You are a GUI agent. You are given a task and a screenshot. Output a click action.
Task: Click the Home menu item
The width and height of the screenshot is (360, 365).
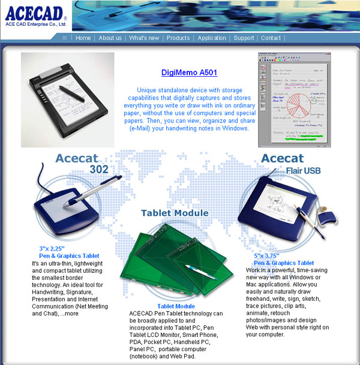tap(83, 38)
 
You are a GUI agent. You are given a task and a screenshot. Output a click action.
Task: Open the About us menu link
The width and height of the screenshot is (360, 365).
tap(110, 38)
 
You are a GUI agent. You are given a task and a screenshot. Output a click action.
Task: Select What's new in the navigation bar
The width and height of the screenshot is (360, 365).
tap(144, 38)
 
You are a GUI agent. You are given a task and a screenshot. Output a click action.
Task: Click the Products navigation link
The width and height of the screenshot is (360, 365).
tap(178, 38)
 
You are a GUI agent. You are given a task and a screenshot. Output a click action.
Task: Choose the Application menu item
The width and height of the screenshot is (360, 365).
tap(212, 38)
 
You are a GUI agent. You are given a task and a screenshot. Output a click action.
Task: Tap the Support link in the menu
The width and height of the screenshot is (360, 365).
tap(244, 38)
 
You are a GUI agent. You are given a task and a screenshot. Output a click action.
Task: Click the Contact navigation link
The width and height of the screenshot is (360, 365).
tap(271, 38)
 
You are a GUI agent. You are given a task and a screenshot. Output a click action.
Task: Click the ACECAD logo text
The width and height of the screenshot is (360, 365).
tap(35, 14)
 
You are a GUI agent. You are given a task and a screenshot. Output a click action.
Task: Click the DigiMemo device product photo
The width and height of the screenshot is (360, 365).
tap(67, 99)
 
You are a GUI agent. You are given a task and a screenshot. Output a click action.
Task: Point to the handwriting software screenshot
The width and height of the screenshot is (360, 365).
tap(295, 99)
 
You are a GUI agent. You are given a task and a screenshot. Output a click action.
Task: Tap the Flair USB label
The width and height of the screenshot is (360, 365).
tap(303, 171)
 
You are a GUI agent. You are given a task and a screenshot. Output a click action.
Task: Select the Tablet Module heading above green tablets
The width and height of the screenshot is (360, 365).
tap(175, 213)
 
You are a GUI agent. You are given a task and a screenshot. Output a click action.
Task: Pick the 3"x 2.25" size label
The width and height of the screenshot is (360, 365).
tap(52, 248)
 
